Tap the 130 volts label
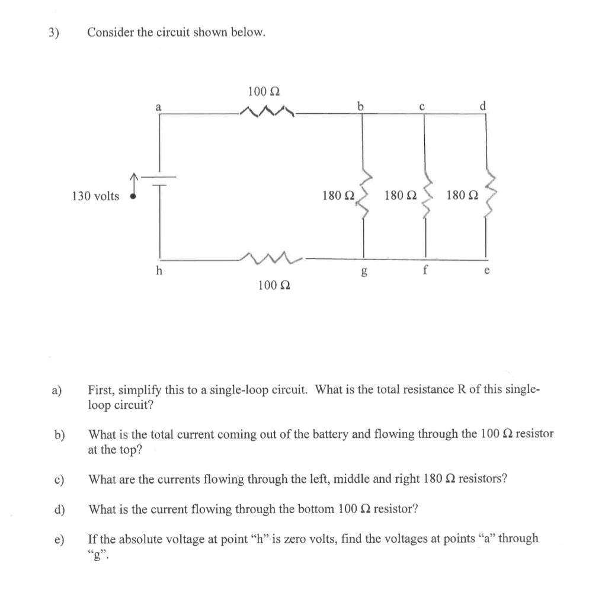pos(95,196)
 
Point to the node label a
pos(158,107)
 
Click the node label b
pos(360,106)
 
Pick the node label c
pos(422,107)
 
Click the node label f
pos(425,273)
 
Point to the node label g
pos(363,273)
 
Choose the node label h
pos(158,271)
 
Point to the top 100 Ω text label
pos(264,91)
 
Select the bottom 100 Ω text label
pos(274,286)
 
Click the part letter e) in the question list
pos(59,539)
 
